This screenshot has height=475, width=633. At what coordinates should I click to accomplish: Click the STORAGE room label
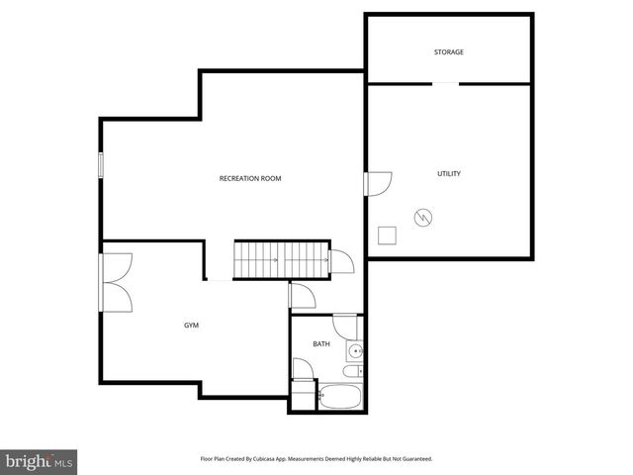[x=448, y=51]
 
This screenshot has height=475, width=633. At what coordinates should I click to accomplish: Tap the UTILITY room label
[x=449, y=173]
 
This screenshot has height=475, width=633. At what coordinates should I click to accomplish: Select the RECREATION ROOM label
[x=250, y=178]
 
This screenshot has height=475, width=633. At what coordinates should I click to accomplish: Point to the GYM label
[x=191, y=325]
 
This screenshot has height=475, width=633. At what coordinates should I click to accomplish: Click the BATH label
[x=321, y=344]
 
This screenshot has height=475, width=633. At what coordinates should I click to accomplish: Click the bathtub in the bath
[x=340, y=397]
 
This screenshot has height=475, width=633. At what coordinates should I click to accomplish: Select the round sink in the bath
[x=355, y=350]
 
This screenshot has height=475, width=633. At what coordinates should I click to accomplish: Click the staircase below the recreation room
[x=281, y=261]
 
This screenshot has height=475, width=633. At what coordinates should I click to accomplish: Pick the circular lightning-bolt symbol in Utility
[x=422, y=215]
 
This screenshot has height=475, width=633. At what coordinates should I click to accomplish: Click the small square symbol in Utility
[x=388, y=235]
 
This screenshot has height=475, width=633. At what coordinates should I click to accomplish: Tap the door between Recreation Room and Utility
[x=378, y=183]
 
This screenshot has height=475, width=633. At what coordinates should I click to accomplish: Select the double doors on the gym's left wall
[x=115, y=283]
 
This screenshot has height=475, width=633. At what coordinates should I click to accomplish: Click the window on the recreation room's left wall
[x=100, y=165]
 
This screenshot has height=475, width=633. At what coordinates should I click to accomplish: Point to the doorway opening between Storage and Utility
[x=445, y=84]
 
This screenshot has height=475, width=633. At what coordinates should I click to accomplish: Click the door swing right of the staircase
[x=342, y=260]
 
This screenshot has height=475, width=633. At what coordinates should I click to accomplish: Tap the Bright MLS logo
[x=39, y=461]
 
